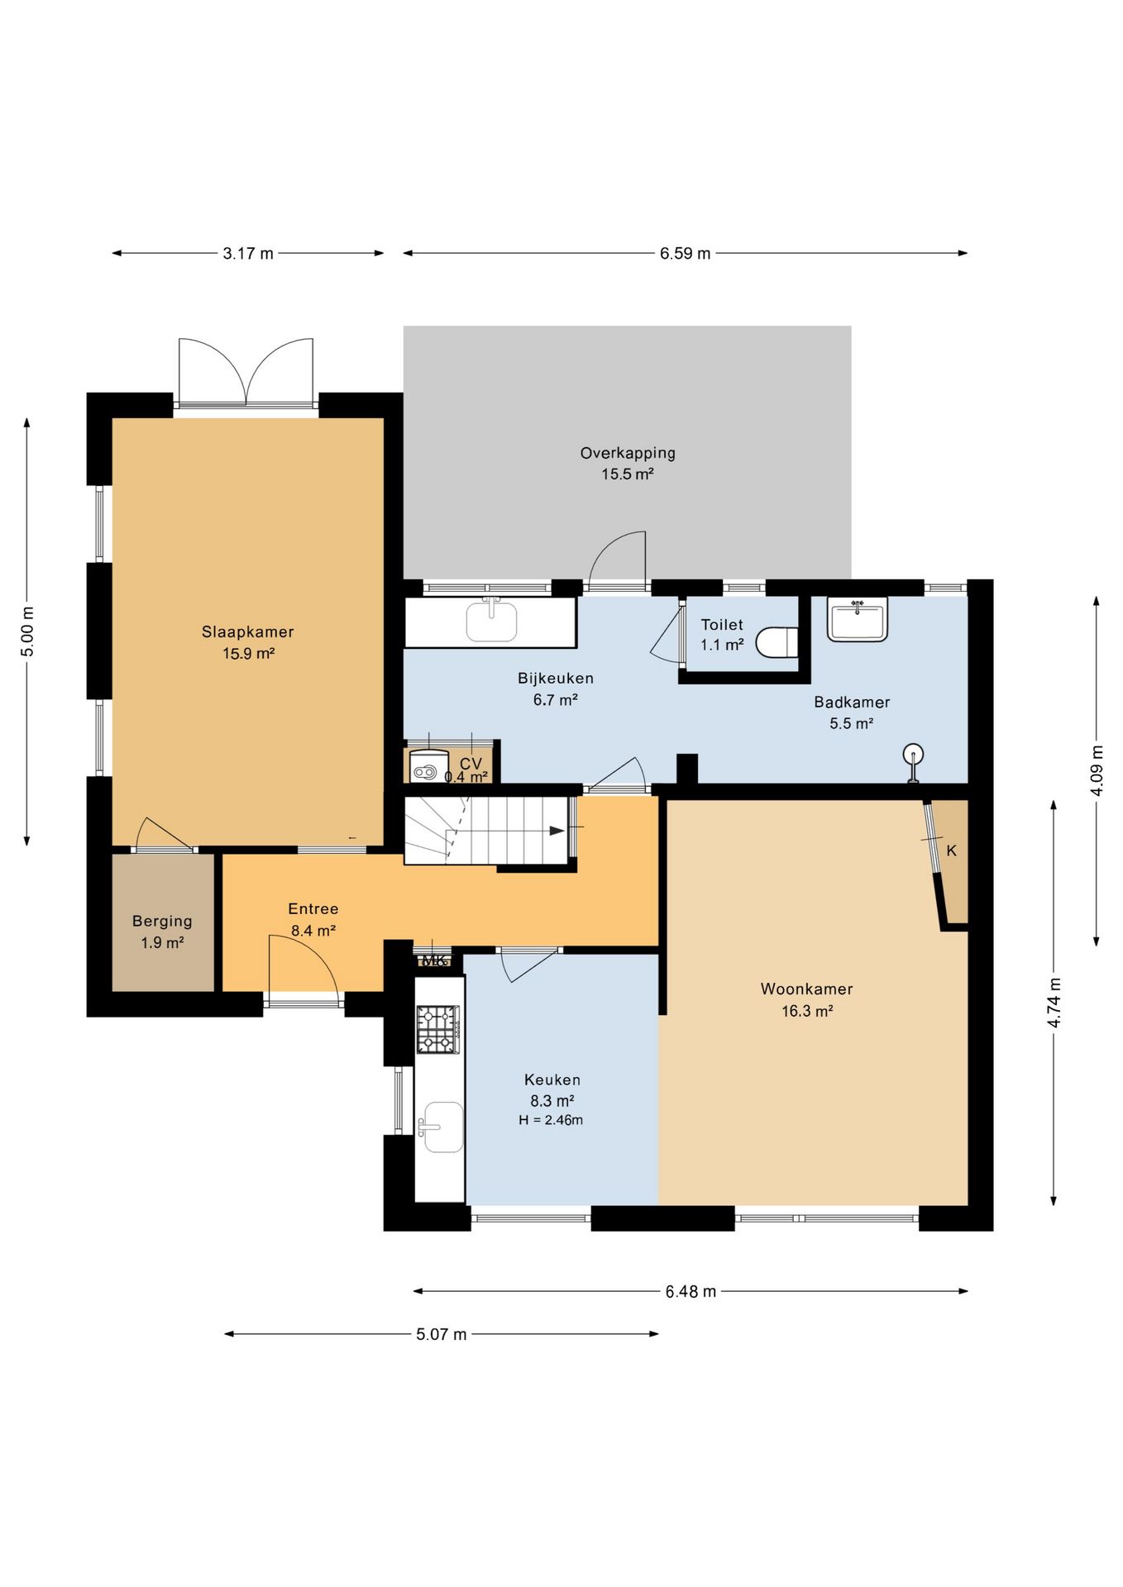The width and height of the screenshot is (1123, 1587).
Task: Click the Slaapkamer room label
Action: [x=247, y=632]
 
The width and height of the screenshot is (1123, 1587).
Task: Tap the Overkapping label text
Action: [x=628, y=453]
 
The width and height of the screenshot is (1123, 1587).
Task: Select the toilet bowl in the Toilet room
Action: [x=777, y=642]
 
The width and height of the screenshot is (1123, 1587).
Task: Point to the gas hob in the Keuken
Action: [x=437, y=1029]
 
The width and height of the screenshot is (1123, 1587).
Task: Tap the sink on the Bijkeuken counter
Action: [x=491, y=621]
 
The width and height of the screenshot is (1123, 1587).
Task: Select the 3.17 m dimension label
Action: [x=248, y=254]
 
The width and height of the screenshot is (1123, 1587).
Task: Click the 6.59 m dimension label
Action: [x=685, y=254]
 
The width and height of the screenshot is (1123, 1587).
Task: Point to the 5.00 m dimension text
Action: [x=28, y=631]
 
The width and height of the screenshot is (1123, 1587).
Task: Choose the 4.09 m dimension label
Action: [x=1097, y=770]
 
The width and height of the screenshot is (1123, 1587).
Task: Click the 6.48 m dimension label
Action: [x=691, y=1291]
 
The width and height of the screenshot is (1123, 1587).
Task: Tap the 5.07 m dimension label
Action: [x=442, y=1334]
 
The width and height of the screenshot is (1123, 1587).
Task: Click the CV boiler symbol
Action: [x=428, y=765]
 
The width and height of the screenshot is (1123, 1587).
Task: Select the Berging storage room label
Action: [x=162, y=922]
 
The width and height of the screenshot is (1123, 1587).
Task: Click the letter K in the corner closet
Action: [x=952, y=851]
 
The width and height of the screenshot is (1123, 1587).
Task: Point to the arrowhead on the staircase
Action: [x=557, y=831]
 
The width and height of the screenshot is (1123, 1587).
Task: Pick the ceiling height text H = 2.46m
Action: [x=551, y=1121]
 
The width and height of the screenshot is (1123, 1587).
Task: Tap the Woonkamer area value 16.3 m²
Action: [x=807, y=1011]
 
